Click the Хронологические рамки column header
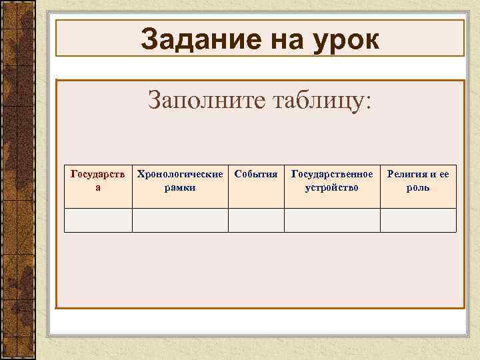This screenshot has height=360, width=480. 180,181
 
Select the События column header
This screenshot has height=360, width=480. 256,174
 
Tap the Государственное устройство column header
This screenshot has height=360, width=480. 332,181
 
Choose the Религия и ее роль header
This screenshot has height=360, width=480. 418,181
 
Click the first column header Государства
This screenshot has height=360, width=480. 98,181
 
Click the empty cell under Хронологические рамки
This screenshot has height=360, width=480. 180,220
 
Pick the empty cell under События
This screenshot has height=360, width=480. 256,220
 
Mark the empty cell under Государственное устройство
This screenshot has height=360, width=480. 332,220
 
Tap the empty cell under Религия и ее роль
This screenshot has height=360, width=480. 418,220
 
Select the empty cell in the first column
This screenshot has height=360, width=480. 98,220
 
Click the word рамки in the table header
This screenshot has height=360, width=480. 180,187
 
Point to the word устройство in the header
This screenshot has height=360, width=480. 332,187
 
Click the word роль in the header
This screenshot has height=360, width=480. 418,187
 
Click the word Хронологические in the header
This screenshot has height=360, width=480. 180,174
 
